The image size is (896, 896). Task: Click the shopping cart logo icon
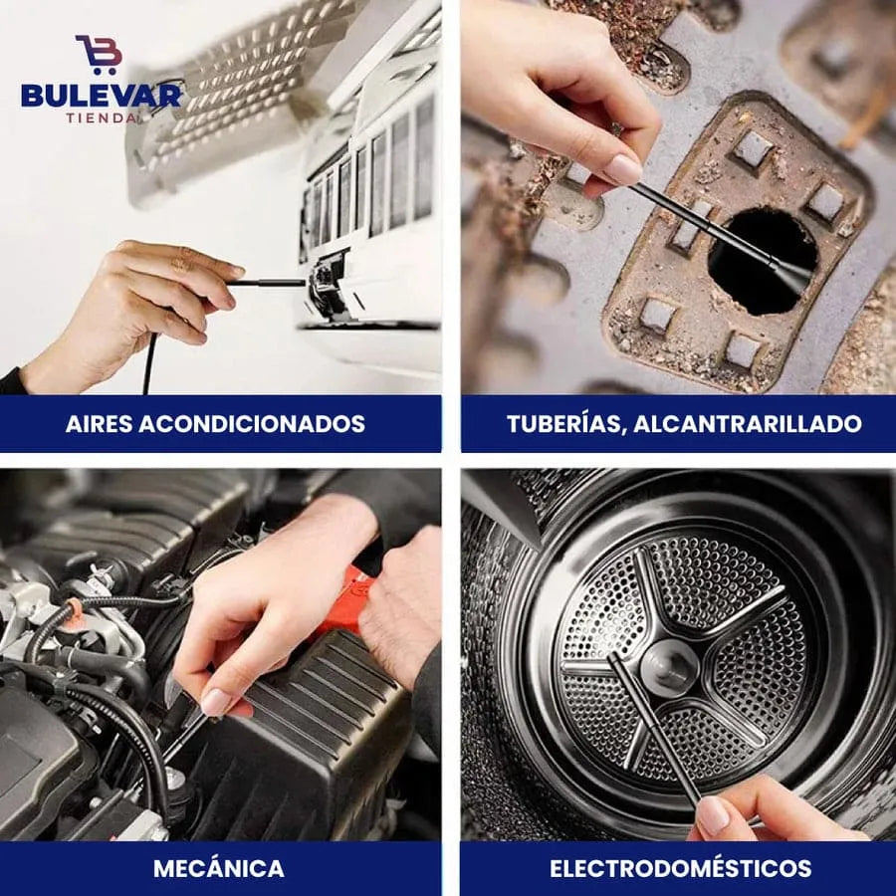pos(99,54)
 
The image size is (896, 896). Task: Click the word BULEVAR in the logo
pos(102,95)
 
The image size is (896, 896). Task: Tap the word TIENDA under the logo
pos(102,118)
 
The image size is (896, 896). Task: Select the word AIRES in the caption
pos(99,424)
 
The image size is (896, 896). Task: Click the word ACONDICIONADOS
pos(252,424)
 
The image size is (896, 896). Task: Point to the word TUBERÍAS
pos(566,423)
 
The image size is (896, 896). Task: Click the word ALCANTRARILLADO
pos(748,424)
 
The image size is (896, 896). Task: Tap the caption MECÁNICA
pos(219,868)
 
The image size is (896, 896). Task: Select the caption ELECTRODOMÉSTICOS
pos(680,868)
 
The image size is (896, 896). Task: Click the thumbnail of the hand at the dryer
pos(714,814)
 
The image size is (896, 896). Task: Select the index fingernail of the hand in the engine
pos(217,702)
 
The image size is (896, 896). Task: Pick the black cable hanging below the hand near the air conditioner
pos(149,363)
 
